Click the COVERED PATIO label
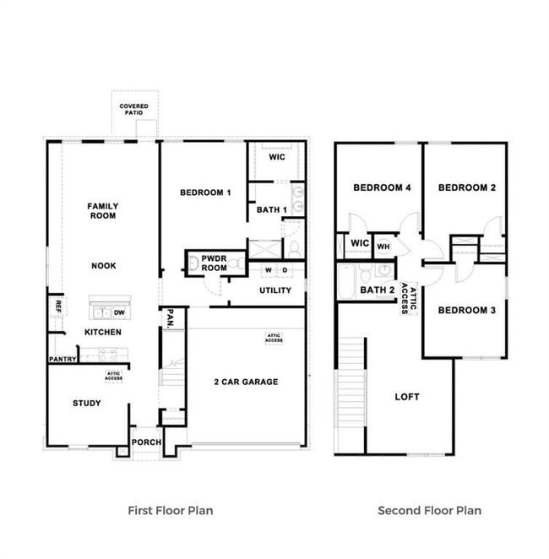134,110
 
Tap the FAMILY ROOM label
104,210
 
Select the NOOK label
104,265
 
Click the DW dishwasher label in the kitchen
119,312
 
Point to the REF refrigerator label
58,306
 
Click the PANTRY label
63,360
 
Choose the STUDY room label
86,403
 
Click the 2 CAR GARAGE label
246,382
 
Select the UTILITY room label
274,290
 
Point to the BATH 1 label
273,209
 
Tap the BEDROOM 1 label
205,193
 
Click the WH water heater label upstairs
383,247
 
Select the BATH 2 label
378,290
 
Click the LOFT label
407,396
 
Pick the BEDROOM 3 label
465,310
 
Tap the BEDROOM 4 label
382,187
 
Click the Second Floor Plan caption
429,510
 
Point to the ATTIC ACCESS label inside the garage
274,338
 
